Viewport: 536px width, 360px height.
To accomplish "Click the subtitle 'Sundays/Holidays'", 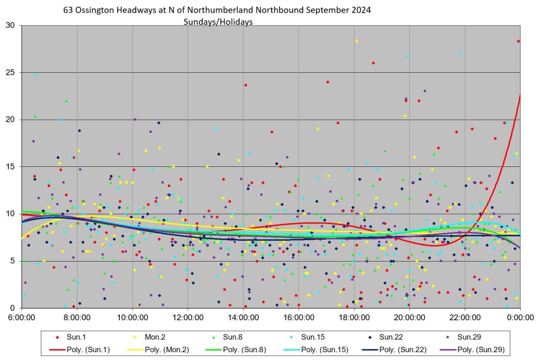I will (x=218, y=22).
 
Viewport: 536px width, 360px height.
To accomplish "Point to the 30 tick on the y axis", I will (x=11, y=25).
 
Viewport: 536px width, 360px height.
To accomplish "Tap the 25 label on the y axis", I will (x=11, y=72).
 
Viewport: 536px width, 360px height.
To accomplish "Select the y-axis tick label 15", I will (x=11, y=166).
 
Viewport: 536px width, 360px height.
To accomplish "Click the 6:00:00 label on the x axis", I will (x=22, y=317).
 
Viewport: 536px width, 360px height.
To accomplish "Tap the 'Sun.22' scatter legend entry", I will (x=391, y=337).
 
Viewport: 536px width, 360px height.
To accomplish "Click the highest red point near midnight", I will (x=518, y=41).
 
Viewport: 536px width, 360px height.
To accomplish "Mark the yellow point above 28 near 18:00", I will (x=356, y=41).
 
